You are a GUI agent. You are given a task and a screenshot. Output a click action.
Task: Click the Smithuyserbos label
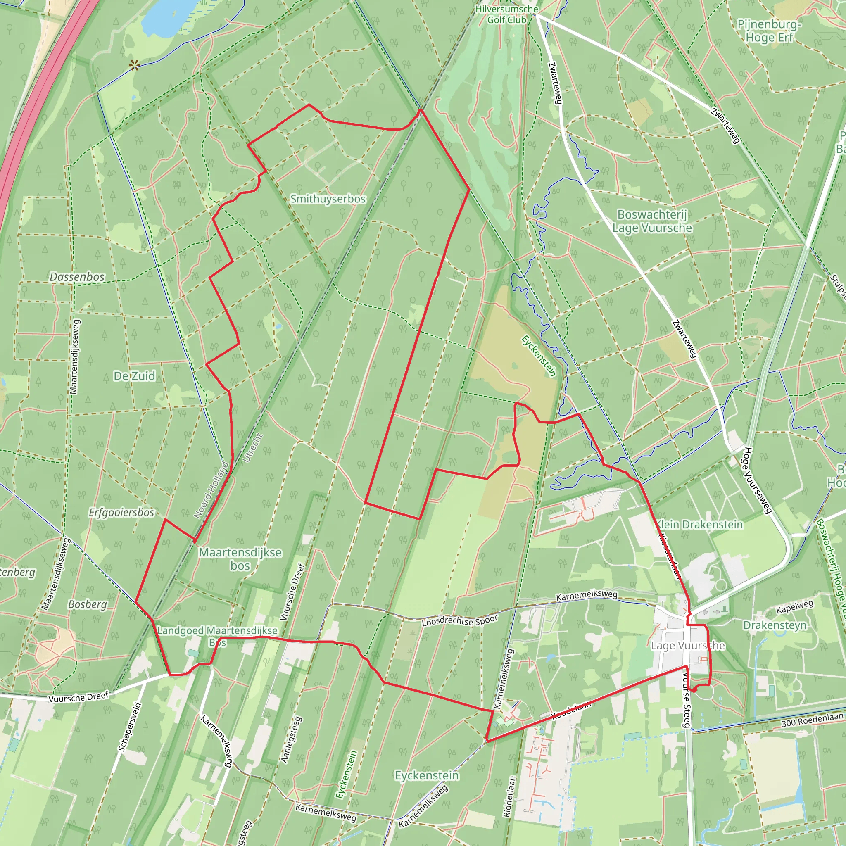328,199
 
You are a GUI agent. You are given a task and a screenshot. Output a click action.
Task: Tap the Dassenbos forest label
77,277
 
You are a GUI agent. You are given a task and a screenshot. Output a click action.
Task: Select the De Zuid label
134,376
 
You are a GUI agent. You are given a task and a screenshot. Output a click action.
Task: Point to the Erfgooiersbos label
121,512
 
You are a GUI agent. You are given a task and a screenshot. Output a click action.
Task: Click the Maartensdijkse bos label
240,559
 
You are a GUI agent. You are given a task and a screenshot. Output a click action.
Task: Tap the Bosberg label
88,604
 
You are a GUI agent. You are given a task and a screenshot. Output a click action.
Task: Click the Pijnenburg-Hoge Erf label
769,31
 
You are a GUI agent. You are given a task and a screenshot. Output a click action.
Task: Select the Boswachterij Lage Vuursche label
652,221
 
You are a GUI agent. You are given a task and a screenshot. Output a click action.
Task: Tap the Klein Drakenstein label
699,525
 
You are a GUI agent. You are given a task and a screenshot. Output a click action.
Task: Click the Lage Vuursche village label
688,646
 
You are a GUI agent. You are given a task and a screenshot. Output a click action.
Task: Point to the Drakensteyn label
775,625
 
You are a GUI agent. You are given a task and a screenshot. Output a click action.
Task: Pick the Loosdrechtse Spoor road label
460,621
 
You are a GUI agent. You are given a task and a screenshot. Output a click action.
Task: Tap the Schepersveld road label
130,727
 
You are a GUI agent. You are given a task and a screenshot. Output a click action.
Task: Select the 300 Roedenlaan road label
812,720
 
